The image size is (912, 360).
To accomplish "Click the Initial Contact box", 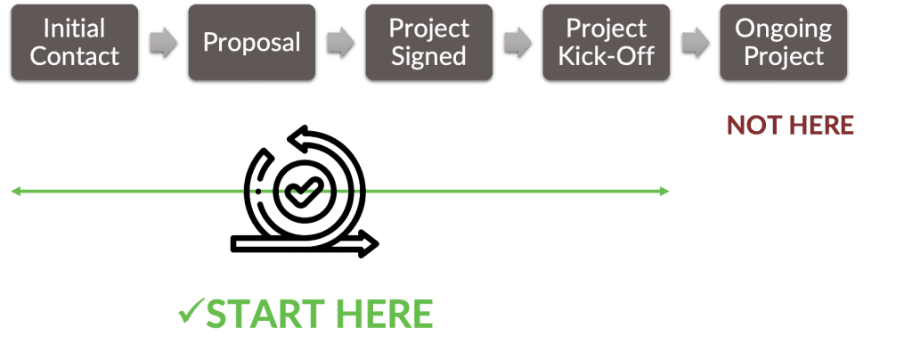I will (73, 43).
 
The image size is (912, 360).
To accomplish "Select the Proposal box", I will (251, 43).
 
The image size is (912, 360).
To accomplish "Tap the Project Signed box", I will (427, 43).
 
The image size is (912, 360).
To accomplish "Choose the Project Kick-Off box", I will (606, 43).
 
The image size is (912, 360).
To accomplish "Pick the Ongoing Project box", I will (784, 43).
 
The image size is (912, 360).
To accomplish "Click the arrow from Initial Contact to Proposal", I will (162, 44).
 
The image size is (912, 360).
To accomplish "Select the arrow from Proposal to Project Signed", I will (339, 44).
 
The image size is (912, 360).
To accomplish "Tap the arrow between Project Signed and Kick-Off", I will (517, 44).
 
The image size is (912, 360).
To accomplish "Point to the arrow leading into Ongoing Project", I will (696, 44).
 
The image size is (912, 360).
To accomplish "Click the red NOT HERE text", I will (790, 126).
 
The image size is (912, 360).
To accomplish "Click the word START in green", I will (257, 315).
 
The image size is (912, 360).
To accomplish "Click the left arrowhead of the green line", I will (15, 191).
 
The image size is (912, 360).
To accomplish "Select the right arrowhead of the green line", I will (663, 191).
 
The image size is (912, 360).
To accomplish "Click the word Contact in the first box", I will (73, 56).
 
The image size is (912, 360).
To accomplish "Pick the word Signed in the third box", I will (427, 56).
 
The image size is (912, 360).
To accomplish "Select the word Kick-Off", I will (606, 56).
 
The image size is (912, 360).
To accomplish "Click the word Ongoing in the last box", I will (784, 29).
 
